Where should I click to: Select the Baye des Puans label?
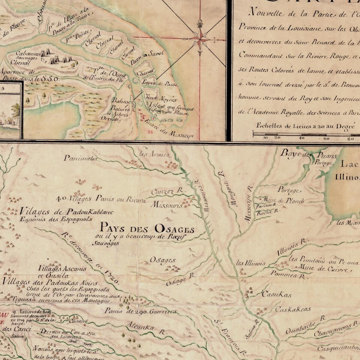coord(308,155)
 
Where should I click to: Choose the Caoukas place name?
coord(277,295)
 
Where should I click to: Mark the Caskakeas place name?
coord(293,309)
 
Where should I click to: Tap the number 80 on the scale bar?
coord(350,138)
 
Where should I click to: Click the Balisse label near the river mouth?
coord(120,101)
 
